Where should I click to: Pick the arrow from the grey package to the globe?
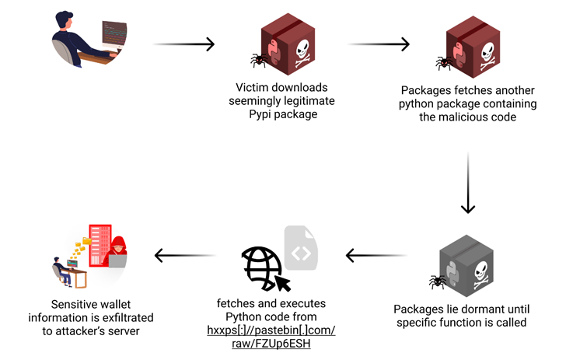[376, 255]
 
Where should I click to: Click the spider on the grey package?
[438, 279]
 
